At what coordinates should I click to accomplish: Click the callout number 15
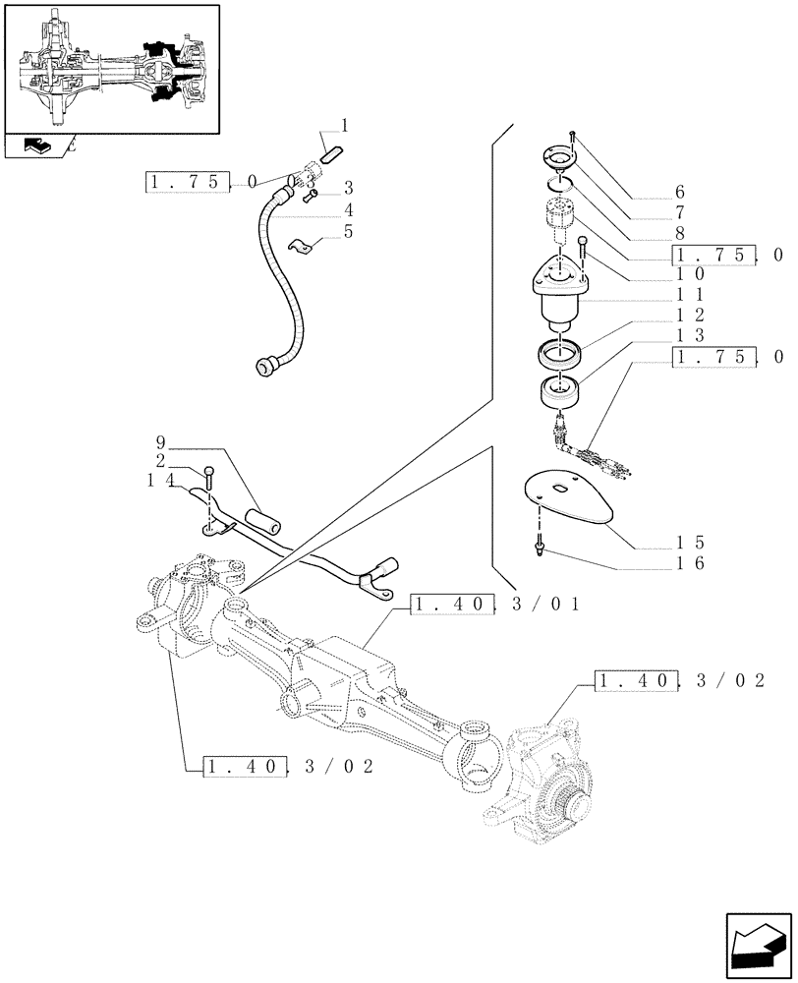pos(688,542)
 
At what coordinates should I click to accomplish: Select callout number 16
pos(688,564)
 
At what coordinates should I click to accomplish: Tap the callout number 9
pos(161,441)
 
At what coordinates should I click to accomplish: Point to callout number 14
pos(161,480)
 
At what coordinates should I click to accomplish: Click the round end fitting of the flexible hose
pos(265,367)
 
